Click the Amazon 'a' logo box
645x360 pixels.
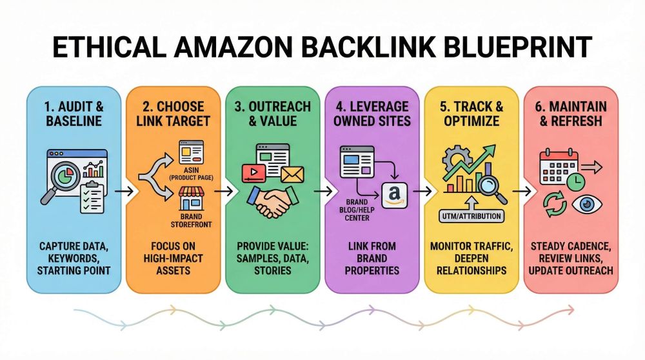[x=394, y=194]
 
